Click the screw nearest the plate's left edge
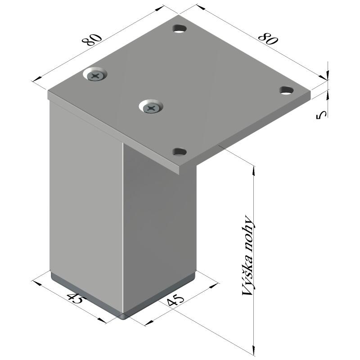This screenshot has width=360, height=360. (96, 75)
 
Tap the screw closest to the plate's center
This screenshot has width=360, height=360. (151, 108)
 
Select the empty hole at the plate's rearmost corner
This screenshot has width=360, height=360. (180, 29)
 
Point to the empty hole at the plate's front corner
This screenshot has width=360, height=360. (180, 151)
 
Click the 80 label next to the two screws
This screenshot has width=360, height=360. (91, 40)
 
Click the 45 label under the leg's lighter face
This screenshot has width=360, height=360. (76, 299)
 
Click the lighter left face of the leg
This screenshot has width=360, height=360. (85, 202)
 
